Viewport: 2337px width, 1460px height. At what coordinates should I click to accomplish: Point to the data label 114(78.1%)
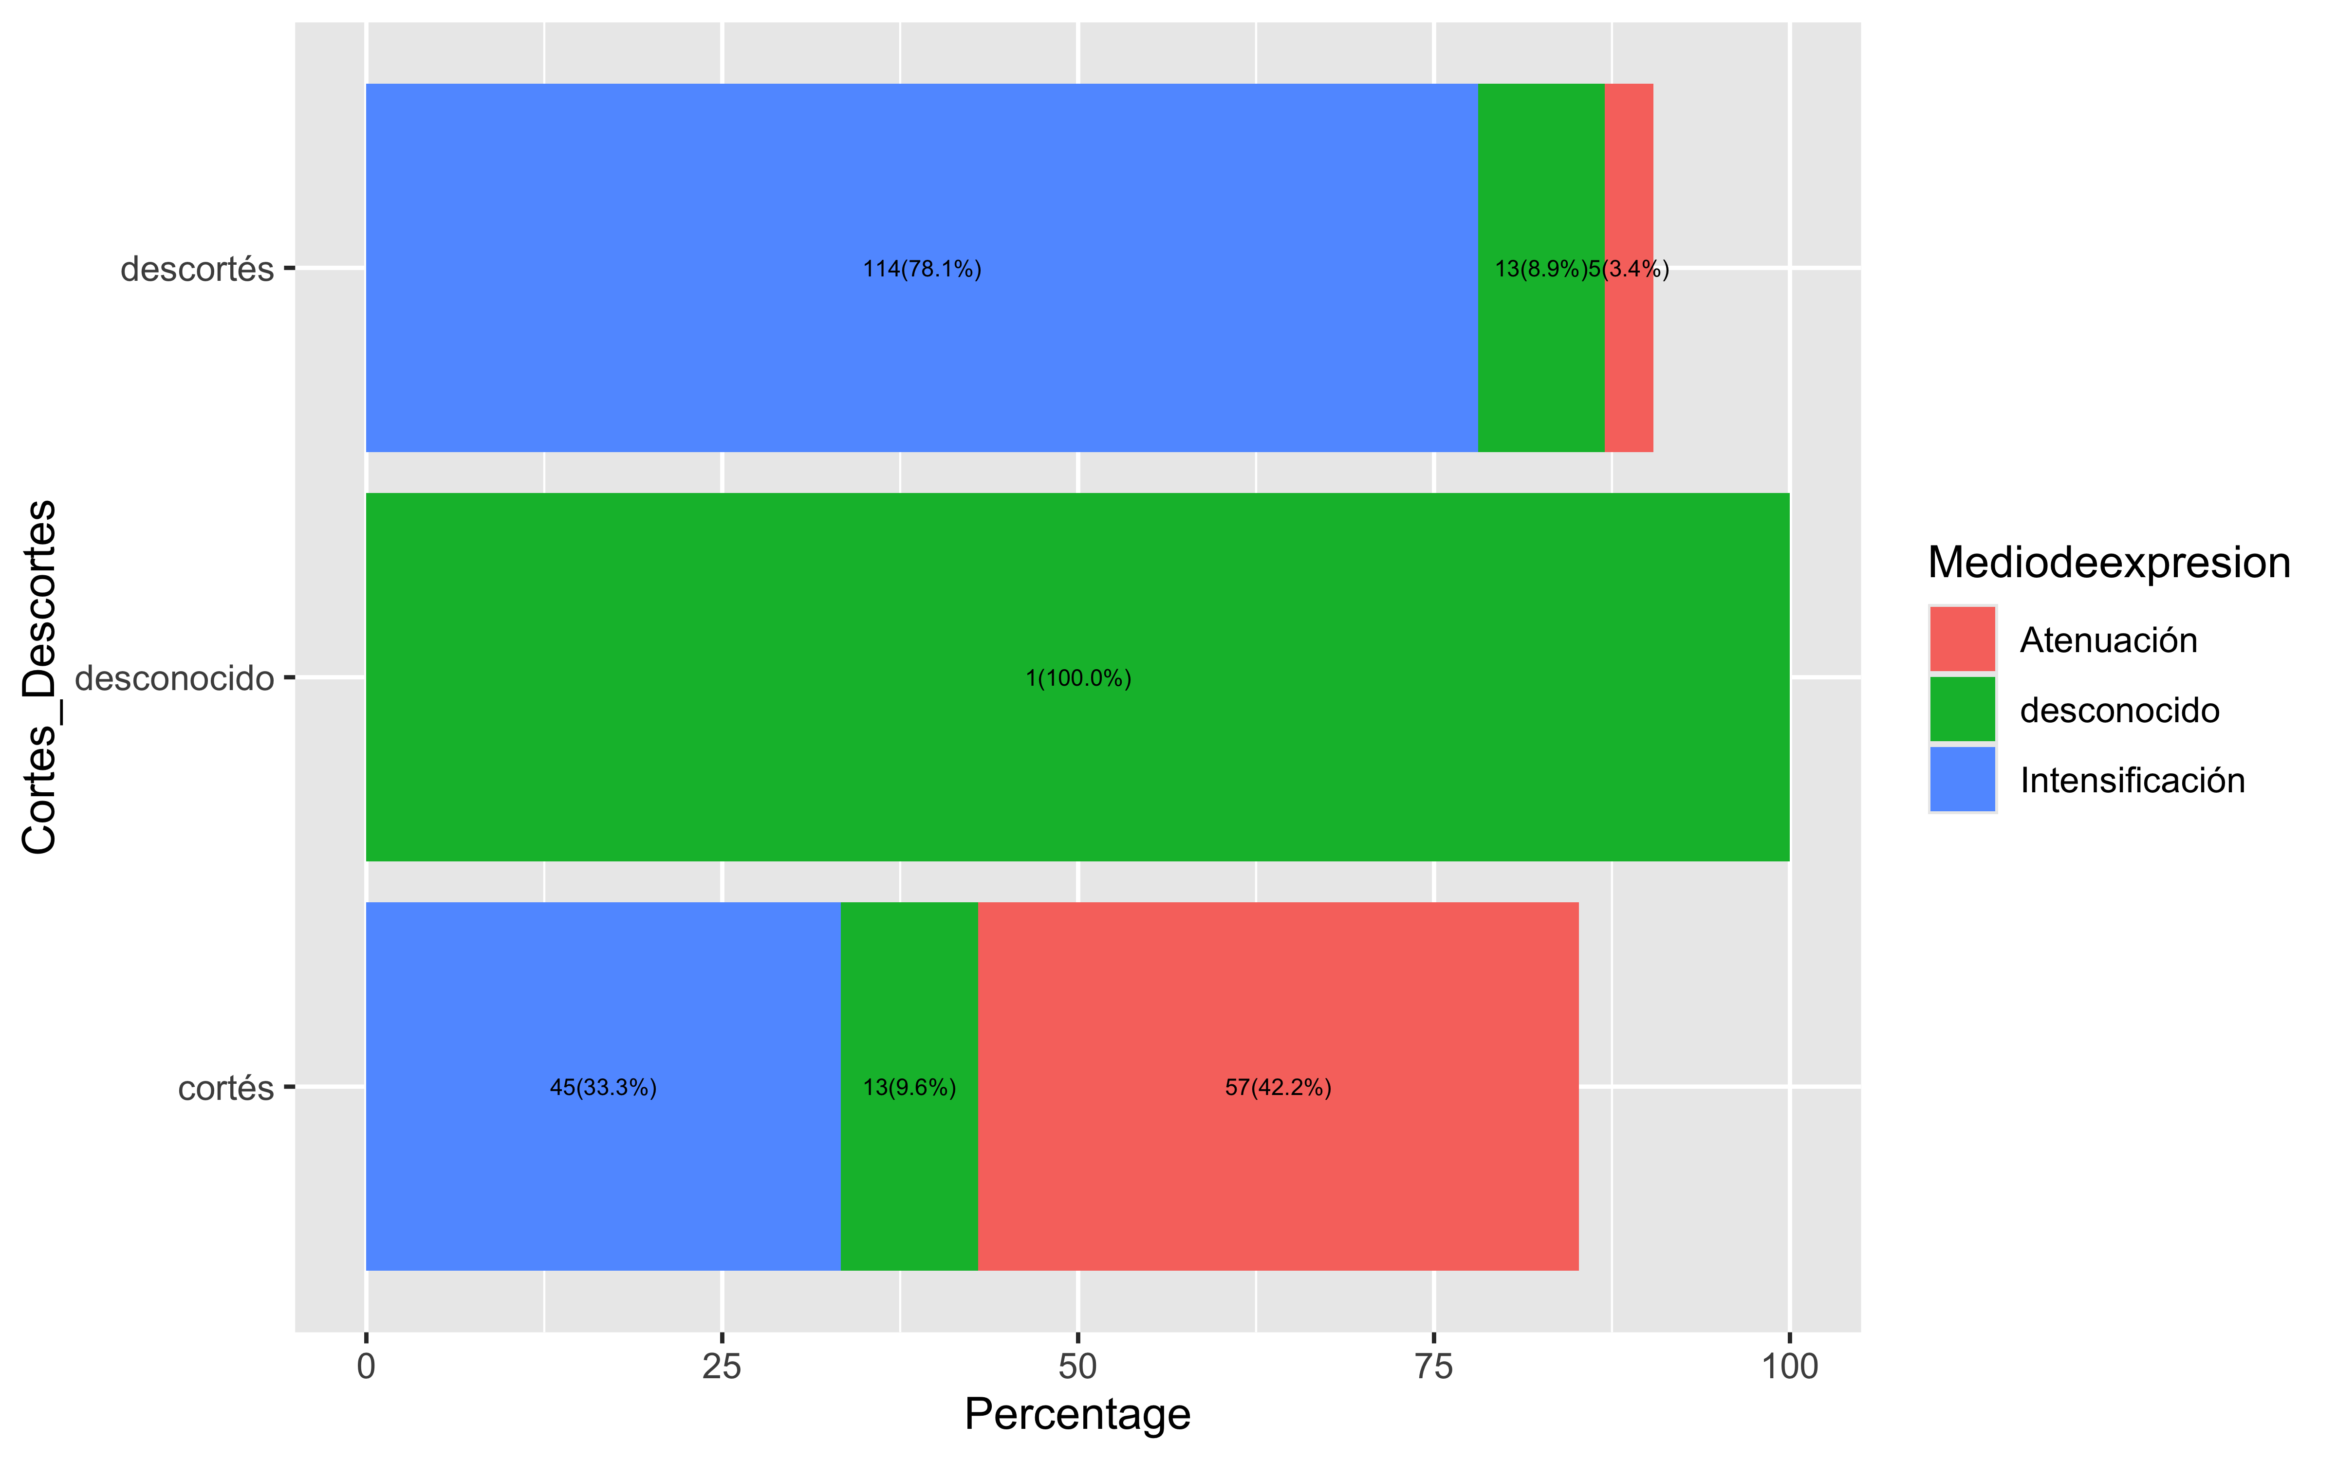click(921, 269)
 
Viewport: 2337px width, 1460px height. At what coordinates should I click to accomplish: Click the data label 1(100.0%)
click(1078, 678)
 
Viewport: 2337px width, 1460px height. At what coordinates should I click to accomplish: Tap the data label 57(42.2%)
click(1278, 1087)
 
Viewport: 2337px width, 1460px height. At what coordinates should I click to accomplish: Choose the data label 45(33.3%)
click(603, 1087)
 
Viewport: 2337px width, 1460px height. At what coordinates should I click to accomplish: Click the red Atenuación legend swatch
click(1961, 639)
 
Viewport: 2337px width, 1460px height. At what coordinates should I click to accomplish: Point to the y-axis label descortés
click(197, 269)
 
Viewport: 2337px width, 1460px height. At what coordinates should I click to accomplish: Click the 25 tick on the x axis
click(722, 1367)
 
